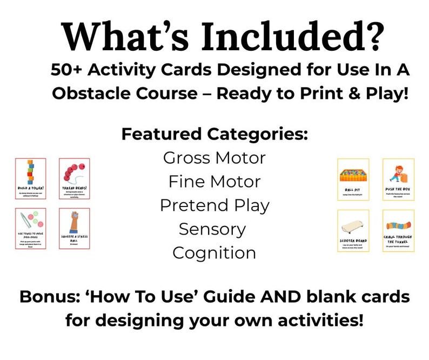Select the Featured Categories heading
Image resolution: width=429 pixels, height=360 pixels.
214,134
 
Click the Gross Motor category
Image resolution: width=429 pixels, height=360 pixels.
214,158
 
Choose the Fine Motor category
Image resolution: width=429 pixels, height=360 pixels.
214,182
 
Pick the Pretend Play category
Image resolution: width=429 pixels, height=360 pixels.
214,205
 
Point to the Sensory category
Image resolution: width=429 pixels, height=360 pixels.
214,229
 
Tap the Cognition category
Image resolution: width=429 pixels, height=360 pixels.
214,252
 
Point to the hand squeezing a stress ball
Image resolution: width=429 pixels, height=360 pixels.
74,222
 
